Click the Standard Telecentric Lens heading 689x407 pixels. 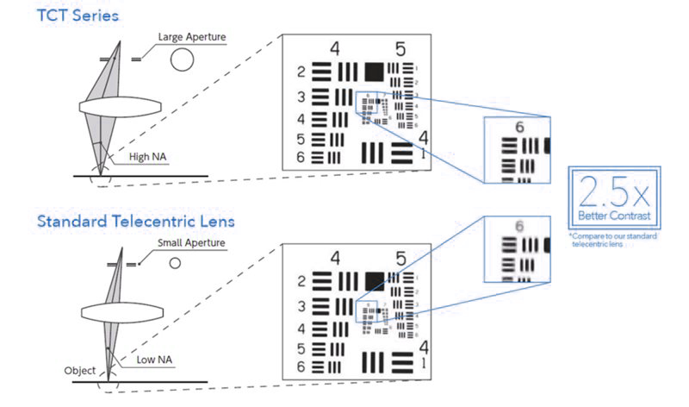(x=135, y=222)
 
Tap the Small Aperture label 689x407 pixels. (x=190, y=244)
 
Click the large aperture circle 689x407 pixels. (x=182, y=59)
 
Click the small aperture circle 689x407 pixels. (x=175, y=263)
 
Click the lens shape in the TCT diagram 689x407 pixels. (x=121, y=108)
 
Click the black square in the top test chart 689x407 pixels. (x=374, y=72)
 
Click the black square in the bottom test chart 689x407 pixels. (x=374, y=281)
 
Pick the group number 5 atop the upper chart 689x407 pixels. (x=400, y=49)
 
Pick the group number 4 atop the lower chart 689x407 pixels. (x=335, y=258)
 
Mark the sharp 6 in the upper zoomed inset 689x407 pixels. (x=519, y=127)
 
